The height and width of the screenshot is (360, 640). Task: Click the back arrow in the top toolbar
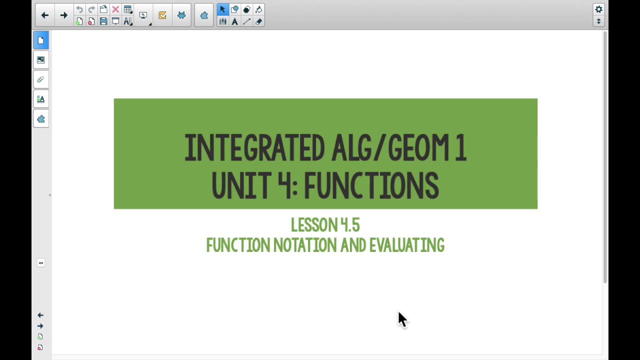pos(44,15)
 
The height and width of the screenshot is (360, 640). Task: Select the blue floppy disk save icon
pos(103,21)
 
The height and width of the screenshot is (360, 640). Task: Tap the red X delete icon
pos(115,9)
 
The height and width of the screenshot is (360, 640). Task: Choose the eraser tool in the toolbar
pos(258,21)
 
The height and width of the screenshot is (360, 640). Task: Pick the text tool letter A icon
pos(234,21)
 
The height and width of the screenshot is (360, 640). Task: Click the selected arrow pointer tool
pos(222,9)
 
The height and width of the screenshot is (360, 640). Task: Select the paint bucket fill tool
pos(258,9)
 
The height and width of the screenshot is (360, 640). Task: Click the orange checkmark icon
pos(162,15)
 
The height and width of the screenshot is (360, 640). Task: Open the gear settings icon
pos(598,9)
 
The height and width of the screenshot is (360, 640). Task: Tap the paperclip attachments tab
pos(41,79)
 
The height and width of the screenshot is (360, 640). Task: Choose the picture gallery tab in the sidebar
pos(41,60)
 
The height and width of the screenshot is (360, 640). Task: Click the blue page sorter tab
pos(41,40)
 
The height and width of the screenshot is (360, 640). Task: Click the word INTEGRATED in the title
pos(254,148)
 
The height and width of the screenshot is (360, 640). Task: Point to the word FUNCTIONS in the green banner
pos(371,185)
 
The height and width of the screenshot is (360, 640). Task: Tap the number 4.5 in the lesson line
pos(349,225)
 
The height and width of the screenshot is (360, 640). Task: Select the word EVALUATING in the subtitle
pos(406,245)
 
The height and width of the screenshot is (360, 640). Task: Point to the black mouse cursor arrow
pos(402,319)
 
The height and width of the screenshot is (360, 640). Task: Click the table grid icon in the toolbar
pos(127,9)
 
